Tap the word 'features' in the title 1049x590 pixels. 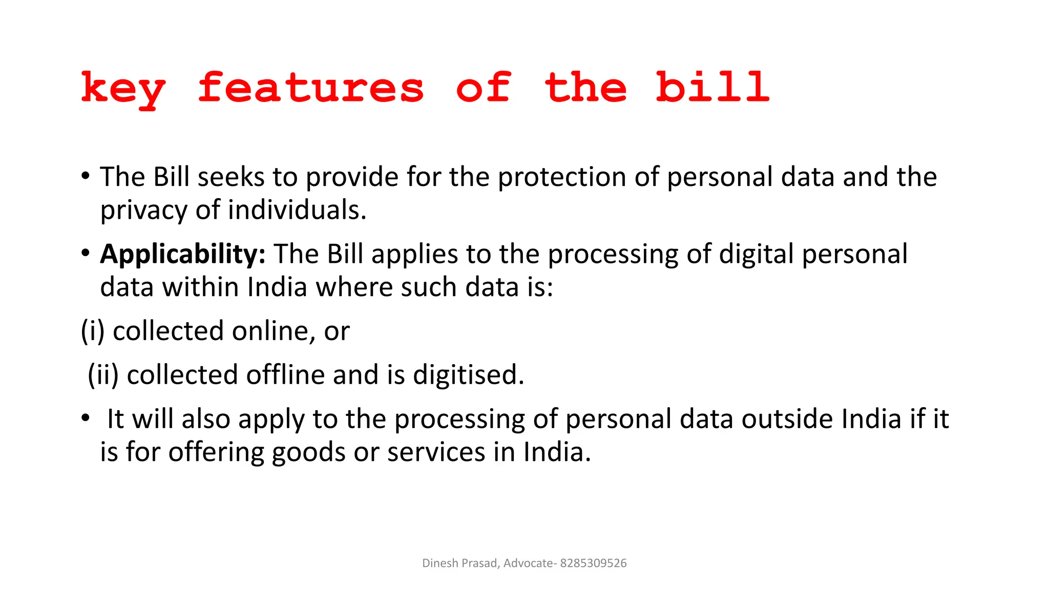coord(310,88)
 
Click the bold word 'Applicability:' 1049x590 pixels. coord(183,254)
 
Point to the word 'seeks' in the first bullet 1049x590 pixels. coord(230,177)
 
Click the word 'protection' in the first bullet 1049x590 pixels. coord(562,177)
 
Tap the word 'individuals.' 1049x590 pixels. coord(297,210)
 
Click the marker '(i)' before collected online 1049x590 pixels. coord(93,331)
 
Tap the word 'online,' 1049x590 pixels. coord(274,331)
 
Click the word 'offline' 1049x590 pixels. coord(285,375)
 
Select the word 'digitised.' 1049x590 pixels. coord(468,375)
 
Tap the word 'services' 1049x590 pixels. coord(436,453)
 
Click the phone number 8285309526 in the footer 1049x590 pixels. coord(593,563)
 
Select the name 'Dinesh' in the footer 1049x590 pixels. coord(440,563)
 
